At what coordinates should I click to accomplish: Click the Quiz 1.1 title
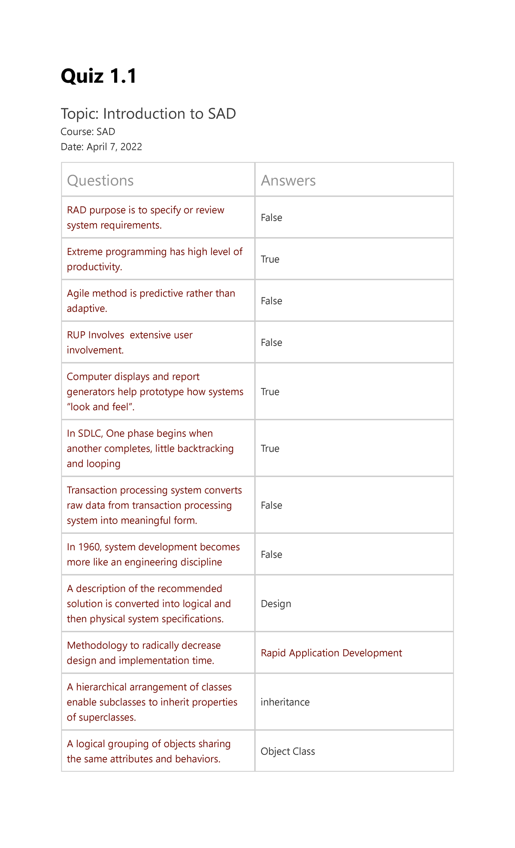(x=99, y=76)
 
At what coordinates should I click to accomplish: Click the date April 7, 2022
(x=114, y=147)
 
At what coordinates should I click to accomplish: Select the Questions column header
(x=100, y=180)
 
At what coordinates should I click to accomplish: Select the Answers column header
(x=288, y=180)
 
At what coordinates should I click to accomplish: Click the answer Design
(x=276, y=604)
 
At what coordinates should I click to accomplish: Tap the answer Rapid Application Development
(x=331, y=653)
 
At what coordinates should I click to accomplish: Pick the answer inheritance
(x=285, y=702)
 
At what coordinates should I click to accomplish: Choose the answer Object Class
(x=288, y=751)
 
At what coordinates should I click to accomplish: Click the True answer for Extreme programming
(x=270, y=259)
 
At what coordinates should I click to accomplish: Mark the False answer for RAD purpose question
(x=271, y=218)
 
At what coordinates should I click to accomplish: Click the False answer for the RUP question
(x=271, y=342)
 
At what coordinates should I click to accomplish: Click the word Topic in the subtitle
(x=80, y=114)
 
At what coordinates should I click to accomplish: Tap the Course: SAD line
(x=88, y=132)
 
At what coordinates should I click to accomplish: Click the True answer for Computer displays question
(x=270, y=392)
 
